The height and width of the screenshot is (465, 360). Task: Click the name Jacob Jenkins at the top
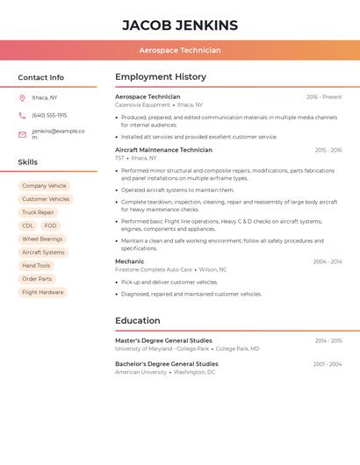click(180, 25)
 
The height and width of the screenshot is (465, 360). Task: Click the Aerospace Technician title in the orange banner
click(180, 50)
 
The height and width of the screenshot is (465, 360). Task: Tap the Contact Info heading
click(41, 77)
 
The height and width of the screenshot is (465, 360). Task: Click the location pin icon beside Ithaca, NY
click(22, 97)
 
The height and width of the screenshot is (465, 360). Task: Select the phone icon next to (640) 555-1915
click(22, 115)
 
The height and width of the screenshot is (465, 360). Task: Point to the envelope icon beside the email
click(22, 134)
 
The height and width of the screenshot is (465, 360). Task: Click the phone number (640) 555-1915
click(49, 115)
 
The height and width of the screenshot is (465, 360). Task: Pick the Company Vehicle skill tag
click(44, 186)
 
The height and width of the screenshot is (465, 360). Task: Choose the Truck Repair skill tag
click(38, 212)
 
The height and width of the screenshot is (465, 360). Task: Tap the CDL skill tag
click(28, 225)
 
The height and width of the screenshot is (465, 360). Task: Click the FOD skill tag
click(50, 225)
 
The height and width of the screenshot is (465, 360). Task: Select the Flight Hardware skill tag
click(42, 292)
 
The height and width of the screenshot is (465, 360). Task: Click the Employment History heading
click(161, 77)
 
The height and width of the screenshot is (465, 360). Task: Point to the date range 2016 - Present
click(324, 97)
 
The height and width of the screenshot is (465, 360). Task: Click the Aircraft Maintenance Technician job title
click(163, 150)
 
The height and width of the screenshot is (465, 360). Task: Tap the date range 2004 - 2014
click(328, 261)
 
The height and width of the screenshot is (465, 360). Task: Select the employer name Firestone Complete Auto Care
click(154, 269)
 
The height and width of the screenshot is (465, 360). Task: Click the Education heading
click(137, 321)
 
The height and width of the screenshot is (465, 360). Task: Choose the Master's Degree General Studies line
click(163, 340)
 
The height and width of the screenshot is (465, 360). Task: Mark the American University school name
click(140, 372)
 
